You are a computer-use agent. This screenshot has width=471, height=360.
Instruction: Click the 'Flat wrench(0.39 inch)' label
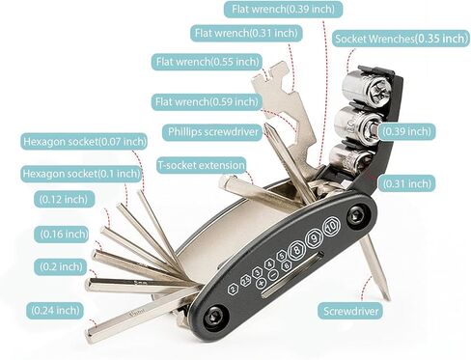tap(283, 9)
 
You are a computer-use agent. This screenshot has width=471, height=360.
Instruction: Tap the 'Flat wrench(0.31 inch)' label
tap(246, 33)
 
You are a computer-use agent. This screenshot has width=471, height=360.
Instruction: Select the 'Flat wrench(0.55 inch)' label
tap(208, 62)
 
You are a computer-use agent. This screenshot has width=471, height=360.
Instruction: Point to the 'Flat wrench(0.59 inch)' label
tap(207, 102)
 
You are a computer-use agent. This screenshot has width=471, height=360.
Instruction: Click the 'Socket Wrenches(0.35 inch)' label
tap(401, 39)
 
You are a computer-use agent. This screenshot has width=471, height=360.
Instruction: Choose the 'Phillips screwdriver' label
tap(212, 132)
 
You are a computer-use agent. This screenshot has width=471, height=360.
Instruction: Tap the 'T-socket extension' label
tap(202, 165)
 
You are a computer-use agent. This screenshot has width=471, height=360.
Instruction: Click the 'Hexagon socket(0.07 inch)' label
tap(84, 142)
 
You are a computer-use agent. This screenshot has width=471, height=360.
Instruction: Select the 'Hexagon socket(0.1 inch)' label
tap(82, 174)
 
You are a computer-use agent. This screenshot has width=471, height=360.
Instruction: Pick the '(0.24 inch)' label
tap(55, 311)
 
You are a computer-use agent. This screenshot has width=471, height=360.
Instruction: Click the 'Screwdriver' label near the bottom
tap(351, 311)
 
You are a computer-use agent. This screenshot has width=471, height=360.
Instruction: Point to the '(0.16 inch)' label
tap(64, 234)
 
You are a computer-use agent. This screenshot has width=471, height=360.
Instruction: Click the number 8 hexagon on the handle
tap(296, 250)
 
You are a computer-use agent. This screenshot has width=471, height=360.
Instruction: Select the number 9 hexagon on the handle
tap(314, 237)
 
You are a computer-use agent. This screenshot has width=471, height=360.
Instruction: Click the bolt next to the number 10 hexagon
tap(357, 214)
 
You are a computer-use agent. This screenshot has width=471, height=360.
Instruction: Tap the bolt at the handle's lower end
tap(215, 318)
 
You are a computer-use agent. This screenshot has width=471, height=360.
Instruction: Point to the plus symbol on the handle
tap(261, 283)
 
